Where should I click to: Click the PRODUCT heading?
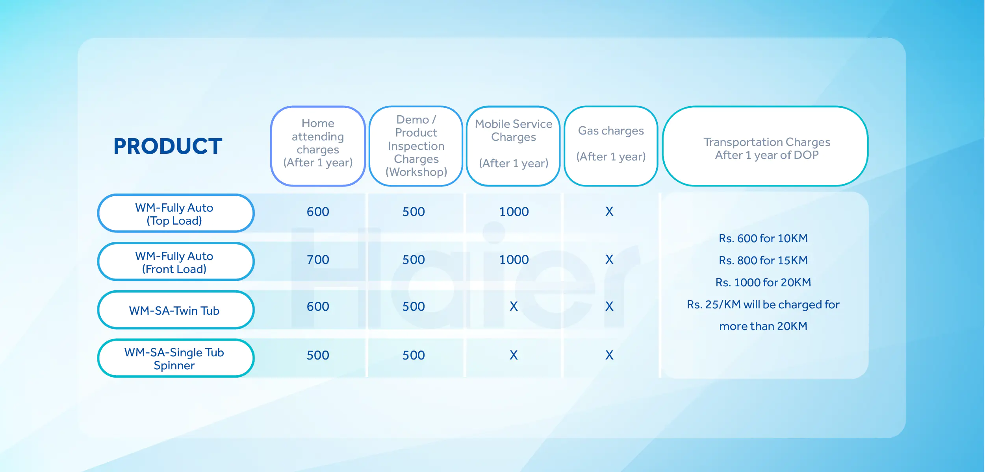click(x=168, y=146)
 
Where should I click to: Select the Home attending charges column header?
click(x=318, y=146)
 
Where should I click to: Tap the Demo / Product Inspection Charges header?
click(x=416, y=146)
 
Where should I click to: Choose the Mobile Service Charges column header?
click(x=514, y=146)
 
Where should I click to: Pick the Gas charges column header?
click(x=611, y=146)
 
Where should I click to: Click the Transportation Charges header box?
click(x=766, y=146)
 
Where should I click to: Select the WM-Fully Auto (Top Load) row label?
click(x=176, y=214)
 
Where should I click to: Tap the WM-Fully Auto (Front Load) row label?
click(x=176, y=262)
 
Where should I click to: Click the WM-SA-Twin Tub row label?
click(x=176, y=310)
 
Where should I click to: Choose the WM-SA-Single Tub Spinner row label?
click(x=176, y=358)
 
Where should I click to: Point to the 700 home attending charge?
click(x=318, y=260)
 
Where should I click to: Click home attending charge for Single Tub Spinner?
click(x=318, y=355)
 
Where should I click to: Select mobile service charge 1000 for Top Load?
click(x=514, y=212)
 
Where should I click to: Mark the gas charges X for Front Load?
click(x=609, y=260)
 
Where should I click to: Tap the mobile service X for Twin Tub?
click(x=514, y=306)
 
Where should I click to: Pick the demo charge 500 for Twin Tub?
click(x=414, y=306)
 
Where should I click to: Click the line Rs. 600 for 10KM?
click(x=763, y=238)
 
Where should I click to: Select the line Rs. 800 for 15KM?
click(x=763, y=260)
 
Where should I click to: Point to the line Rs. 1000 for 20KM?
click(x=763, y=282)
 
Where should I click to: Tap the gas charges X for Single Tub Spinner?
click(x=609, y=355)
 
